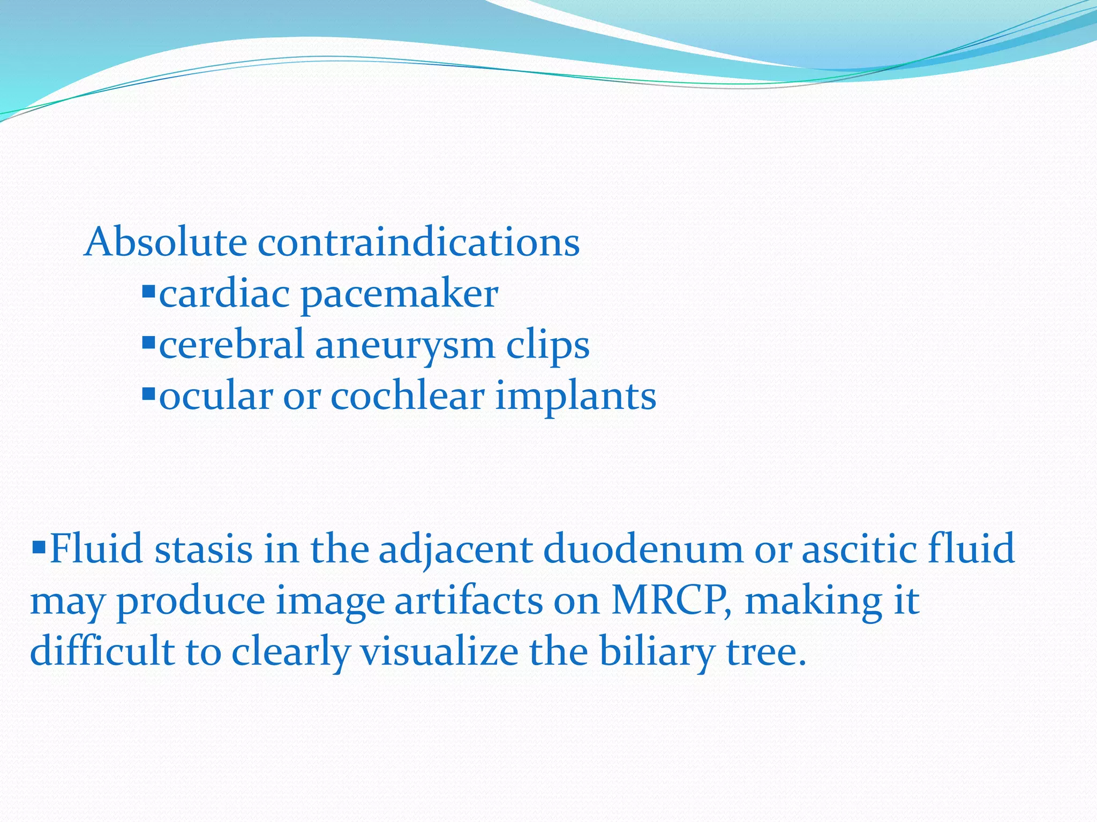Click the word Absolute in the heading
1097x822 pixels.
click(166, 242)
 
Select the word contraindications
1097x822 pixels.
click(418, 242)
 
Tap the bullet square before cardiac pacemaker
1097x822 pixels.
click(148, 292)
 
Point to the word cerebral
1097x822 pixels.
click(231, 344)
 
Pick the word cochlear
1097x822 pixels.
click(407, 396)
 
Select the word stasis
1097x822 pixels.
click(203, 549)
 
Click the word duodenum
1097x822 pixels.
click(643, 549)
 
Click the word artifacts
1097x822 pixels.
click(468, 600)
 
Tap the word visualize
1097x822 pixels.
click(439, 652)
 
